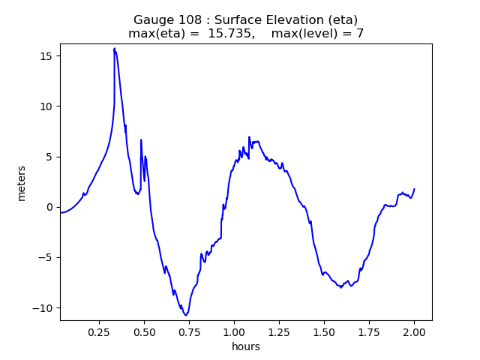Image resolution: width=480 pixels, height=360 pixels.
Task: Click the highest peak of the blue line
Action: point(115,48)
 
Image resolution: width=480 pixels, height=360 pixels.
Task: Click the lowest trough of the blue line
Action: point(185,315)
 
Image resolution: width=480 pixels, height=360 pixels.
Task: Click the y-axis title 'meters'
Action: point(22,183)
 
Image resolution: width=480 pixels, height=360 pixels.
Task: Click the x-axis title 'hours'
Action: point(246,346)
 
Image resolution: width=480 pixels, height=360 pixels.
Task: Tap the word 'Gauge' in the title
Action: point(151,20)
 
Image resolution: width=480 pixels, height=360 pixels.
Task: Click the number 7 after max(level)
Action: point(360,34)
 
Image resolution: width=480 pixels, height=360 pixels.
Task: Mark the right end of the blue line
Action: point(414,189)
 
